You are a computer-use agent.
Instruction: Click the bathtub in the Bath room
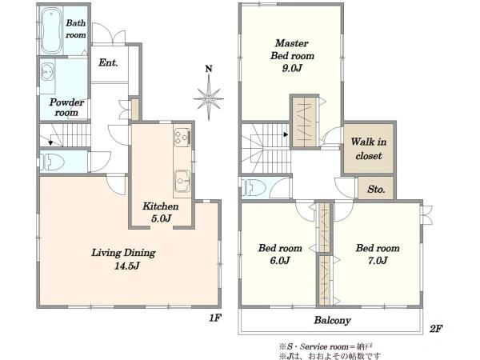pos(52,30)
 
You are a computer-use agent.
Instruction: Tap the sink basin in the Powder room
pos(47,72)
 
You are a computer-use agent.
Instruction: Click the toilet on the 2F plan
pos(254,187)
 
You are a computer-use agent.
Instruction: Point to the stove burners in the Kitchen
pos(182,138)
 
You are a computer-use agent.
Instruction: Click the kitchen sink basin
pos(182,181)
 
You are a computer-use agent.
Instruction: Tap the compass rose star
pos(209,98)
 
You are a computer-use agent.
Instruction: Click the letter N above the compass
pos(209,69)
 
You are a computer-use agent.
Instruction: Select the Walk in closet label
pos(369,149)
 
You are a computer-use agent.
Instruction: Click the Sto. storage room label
pos(376,189)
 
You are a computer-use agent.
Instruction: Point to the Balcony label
pos(332,321)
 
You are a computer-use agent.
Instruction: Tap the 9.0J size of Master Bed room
pos(292,68)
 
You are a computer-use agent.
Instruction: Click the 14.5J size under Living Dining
pos(126,266)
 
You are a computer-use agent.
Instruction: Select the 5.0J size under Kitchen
pos(161,218)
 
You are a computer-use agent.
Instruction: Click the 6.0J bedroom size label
pos(280,261)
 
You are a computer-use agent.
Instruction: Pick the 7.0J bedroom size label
pos(378,261)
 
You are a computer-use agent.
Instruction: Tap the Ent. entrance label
pos(108,62)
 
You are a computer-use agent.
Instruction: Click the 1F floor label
pos(215,318)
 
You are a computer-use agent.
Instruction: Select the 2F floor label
pos(436,329)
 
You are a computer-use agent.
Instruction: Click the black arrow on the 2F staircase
pos(286,134)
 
